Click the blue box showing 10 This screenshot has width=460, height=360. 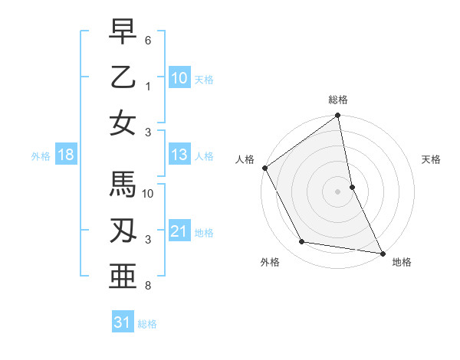[x=179, y=77]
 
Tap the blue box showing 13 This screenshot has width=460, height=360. [x=179, y=155]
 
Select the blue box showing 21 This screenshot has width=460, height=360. [x=179, y=231]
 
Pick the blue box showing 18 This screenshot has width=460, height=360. [x=66, y=155]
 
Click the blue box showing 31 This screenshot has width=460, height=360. [x=123, y=322]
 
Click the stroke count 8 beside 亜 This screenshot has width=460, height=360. [x=147, y=286]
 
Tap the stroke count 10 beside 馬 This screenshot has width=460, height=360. [x=149, y=194]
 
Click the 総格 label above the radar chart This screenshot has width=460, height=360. [x=338, y=100]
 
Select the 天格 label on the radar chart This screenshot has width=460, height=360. [x=431, y=159]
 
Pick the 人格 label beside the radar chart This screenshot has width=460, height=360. [x=245, y=159]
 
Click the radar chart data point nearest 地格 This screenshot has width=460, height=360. [x=381, y=252]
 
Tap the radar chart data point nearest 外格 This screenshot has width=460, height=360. [x=302, y=242]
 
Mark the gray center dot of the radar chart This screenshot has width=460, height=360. [x=337, y=191]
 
